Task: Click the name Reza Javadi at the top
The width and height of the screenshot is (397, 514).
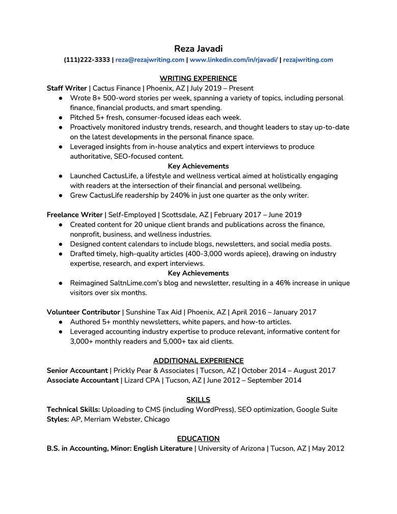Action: pyautogui.click(x=198, y=49)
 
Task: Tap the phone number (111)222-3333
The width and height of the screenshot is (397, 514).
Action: pyautogui.click(x=87, y=60)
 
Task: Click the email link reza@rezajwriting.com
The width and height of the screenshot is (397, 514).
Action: pyautogui.click(x=150, y=60)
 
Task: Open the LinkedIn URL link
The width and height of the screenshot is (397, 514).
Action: pyautogui.click(x=234, y=60)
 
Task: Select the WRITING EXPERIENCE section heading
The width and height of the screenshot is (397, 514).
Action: pyautogui.click(x=198, y=78)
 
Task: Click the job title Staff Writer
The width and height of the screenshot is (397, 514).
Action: pyautogui.click(x=67, y=88)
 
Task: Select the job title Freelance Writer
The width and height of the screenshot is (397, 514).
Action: pyautogui.click(x=74, y=215)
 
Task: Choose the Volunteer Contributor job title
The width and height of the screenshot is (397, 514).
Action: pyautogui.click(x=83, y=312)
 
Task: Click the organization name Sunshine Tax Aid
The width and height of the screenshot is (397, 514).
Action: pyautogui.click(x=154, y=312)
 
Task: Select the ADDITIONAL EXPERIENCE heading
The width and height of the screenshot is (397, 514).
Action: pyautogui.click(x=198, y=361)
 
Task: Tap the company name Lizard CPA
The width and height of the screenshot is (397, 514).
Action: pyautogui.click(x=141, y=380)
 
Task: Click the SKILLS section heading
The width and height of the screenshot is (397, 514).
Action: pyautogui.click(x=198, y=400)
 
